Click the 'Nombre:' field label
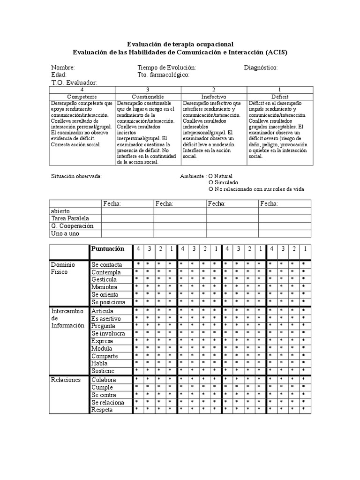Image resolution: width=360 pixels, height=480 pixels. pos(63,67)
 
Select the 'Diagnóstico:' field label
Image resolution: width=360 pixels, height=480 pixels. pos(261,67)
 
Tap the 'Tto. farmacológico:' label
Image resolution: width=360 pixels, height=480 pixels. pos(163,75)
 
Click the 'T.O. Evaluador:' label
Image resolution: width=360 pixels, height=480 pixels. pos(74,82)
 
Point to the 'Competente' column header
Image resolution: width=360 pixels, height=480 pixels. pos(82,96)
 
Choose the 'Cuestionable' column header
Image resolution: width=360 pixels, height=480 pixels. pos(148,96)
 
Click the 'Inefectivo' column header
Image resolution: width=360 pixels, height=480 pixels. pos(213,96)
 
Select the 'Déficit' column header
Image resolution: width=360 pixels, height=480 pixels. pos(279,96)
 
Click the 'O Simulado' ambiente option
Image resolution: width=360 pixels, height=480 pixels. pos(223,182)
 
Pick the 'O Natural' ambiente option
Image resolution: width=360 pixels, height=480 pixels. pos(220,176)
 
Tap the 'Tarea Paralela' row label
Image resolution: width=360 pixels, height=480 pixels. pos(70,218)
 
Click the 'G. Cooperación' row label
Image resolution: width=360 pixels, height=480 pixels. pos(72,226)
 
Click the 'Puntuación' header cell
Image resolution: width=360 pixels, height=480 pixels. pos(108,249)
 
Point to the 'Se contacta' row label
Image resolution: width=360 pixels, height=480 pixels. pos(107,265)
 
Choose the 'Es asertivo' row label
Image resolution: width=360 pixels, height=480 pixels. pos(106,319)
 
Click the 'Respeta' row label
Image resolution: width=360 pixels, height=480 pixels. pos(102,410)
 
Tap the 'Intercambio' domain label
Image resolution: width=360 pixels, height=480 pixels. pos(67,311)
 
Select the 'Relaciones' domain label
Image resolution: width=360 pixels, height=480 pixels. pos(66,380)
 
